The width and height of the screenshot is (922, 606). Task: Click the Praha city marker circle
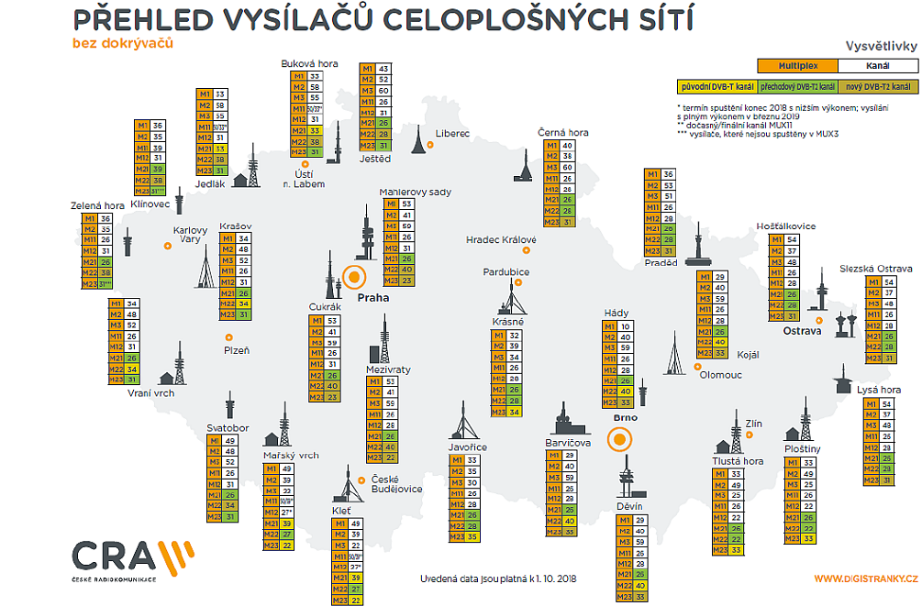click(x=355, y=276)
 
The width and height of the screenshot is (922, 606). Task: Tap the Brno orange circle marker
click(x=621, y=439)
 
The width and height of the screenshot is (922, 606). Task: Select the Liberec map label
click(x=453, y=134)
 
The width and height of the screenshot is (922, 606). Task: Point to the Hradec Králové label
click(x=501, y=240)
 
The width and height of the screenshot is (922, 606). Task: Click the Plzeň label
click(x=237, y=350)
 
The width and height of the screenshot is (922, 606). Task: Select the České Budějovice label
click(x=396, y=484)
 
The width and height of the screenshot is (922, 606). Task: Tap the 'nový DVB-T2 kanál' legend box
click(x=878, y=87)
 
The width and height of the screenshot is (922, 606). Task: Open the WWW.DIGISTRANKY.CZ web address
click(x=865, y=579)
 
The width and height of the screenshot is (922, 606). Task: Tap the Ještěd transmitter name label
click(x=373, y=159)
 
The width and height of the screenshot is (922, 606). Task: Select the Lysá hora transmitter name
click(x=878, y=390)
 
